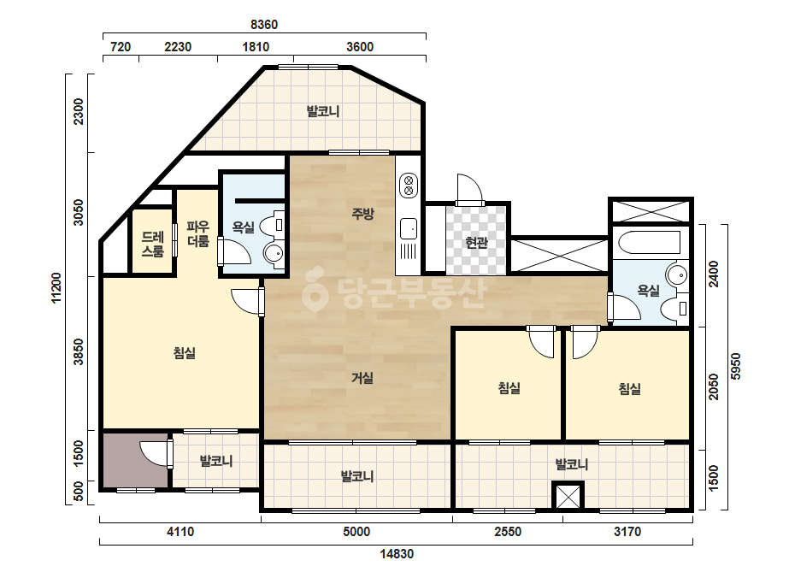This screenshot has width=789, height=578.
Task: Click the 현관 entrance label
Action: coord(476,243)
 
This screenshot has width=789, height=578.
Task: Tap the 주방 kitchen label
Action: coord(362,214)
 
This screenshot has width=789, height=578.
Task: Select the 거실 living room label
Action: coord(362,378)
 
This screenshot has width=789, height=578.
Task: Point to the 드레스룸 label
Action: coord(152,245)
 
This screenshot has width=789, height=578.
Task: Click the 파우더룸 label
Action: coord(197,233)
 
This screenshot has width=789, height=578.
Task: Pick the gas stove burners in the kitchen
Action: coord(409,185)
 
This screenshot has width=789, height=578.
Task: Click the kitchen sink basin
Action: coord(409,229)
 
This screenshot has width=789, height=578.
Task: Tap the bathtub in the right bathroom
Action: coord(649,242)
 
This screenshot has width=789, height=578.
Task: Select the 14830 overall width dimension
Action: coord(397,554)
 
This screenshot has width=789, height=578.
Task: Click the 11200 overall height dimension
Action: coord(56,288)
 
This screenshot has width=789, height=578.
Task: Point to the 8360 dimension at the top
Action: coord(264,24)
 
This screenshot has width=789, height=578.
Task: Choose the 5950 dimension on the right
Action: coord(736,367)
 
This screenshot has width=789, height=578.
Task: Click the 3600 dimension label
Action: coord(360,47)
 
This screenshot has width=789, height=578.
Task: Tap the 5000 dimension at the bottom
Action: coord(356,531)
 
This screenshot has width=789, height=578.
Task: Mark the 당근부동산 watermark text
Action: coord(394,293)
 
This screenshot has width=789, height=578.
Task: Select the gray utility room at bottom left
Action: coord(136,460)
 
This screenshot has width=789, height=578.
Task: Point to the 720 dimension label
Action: coord(121,47)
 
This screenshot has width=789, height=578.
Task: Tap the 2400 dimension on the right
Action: coord(714,274)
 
